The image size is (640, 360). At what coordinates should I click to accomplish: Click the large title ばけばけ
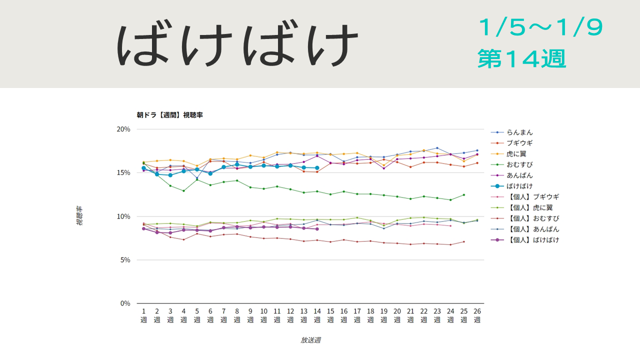(x=238, y=44)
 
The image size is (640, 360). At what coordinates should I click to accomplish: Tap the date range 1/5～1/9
(x=540, y=28)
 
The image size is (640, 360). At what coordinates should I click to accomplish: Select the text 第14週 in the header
(x=521, y=59)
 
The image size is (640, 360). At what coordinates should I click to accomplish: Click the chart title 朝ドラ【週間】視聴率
(x=169, y=115)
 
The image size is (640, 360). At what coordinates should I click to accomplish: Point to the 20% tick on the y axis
(x=123, y=129)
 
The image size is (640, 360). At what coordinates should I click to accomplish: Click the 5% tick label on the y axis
(x=124, y=260)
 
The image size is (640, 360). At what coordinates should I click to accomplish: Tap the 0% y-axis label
(x=124, y=303)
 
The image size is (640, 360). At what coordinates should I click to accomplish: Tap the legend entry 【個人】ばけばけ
(x=532, y=240)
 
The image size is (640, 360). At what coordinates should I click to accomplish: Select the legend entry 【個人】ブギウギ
(x=532, y=197)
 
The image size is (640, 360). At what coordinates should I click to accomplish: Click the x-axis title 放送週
(x=310, y=340)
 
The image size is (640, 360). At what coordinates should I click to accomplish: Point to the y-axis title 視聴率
(x=79, y=216)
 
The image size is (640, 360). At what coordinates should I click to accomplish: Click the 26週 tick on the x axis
(x=477, y=316)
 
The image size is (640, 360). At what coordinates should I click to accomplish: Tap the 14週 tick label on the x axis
(x=317, y=316)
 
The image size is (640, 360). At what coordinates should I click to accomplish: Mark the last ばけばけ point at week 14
(x=317, y=168)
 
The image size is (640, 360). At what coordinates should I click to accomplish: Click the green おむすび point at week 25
(x=464, y=195)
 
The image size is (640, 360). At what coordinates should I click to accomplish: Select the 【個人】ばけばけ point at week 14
(x=317, y=229)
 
